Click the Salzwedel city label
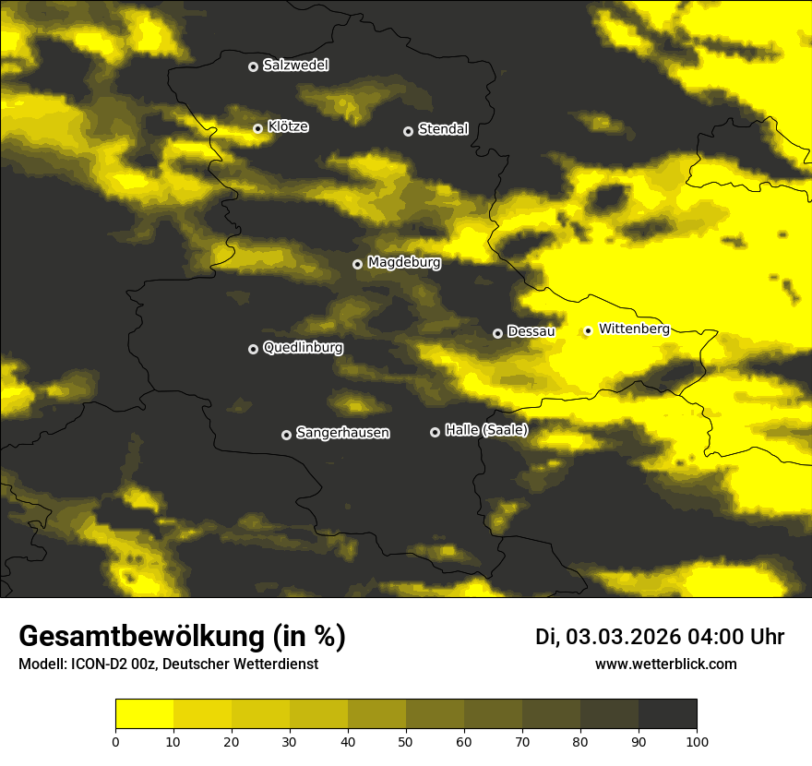[x=295, y=66]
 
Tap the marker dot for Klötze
[x=258, y=128]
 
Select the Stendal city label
[x=443, y=129]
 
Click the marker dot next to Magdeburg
[x=358, y=264]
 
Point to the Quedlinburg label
[x=303, y=348]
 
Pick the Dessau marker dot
[x=498, y=333]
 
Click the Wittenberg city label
[x=633, y=329]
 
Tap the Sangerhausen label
[x=342, y=433]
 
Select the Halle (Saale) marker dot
[x=436, y=432]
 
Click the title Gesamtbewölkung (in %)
[x=182, y=637]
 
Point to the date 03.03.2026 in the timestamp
[x=622, y=637]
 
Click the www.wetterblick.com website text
[x=665, y=664]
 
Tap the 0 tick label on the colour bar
[x=115, y=740]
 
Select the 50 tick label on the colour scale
[x=406, y=740]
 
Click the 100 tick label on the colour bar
[x=697, y=740]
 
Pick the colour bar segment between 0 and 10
[x=144, y=714]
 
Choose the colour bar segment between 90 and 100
[x=667, y=714]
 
